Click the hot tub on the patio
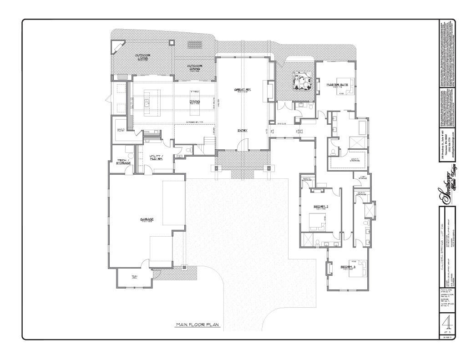[x=302, y=82]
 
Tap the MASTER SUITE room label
[x=337, y=84]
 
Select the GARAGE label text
[x=147, y=219]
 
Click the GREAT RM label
[x=243, y=89]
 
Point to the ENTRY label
[x=242, y=130]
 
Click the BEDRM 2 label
[x=321, y=207]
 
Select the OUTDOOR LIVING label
[x=142, y=57]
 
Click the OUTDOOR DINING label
[x=195, y=67]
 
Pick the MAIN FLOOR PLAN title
[x=198, y=325]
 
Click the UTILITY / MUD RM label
[x=157, y=157]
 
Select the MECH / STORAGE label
[x=124, y=162]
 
